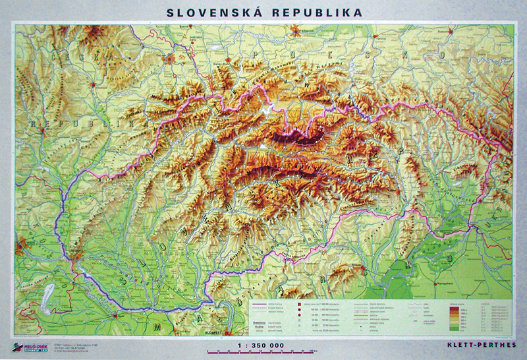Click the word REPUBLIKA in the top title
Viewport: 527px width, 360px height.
pyautogui.click(x=312, y=12)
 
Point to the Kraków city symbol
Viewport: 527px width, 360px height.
pyautogui.click(x=301, y=30)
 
